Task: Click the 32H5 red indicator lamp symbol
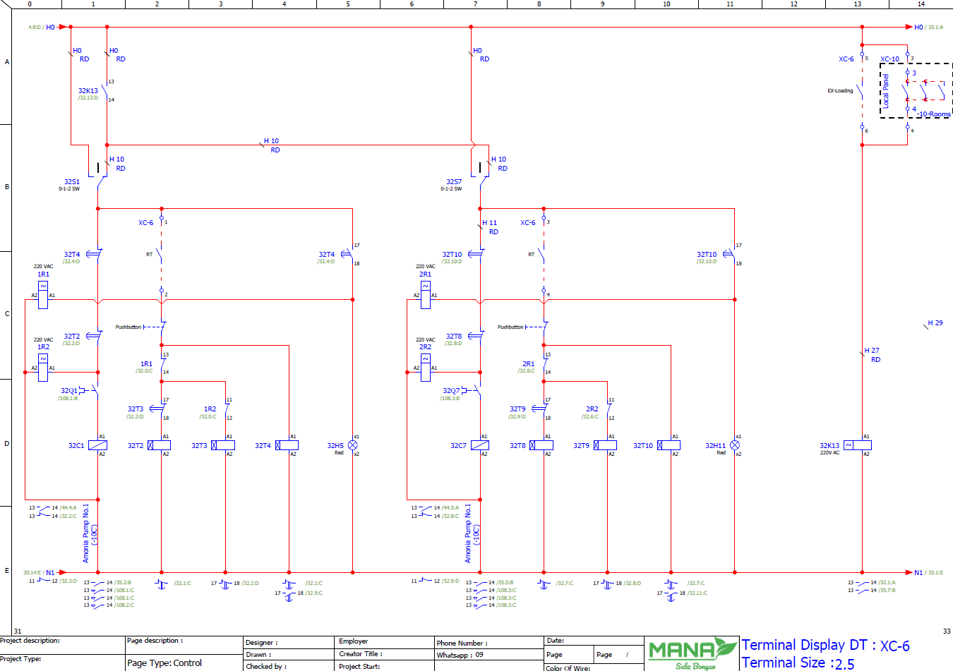353,445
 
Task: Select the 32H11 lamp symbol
735,445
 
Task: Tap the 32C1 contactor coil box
98,445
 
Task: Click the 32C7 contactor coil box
480,445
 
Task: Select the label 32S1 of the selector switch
71,182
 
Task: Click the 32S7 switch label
453,182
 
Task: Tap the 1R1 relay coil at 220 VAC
43,295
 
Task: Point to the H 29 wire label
935,323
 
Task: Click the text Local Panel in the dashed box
886,90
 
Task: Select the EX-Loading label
840,91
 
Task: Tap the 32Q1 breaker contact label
68,390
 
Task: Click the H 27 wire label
872,351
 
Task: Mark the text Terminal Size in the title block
783,663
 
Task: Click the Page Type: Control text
164,663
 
